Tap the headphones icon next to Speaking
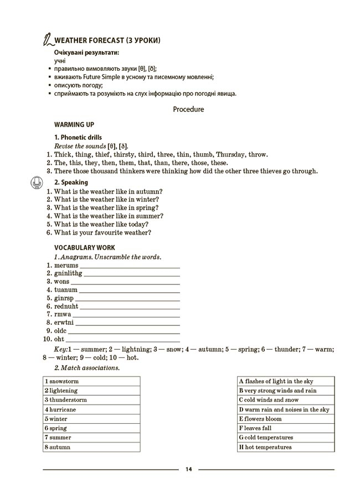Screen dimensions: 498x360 coord(36,181)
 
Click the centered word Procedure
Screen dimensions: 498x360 coord(188,109)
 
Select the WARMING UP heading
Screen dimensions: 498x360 coord(74,125)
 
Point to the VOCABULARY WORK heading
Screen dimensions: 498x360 coord(84,248)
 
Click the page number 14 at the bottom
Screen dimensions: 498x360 coord(188,469)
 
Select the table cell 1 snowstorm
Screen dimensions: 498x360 coord(91,381)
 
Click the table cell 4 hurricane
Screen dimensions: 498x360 coord(91,409)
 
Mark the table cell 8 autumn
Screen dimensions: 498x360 coord(91,447)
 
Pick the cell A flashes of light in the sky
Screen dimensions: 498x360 coord(286,381)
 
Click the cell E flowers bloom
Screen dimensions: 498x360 coord(286,419)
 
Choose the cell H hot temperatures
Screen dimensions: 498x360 coord(286,447)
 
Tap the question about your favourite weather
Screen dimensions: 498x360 coord(102,232)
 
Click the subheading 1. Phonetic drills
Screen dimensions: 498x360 coord(78,137)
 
